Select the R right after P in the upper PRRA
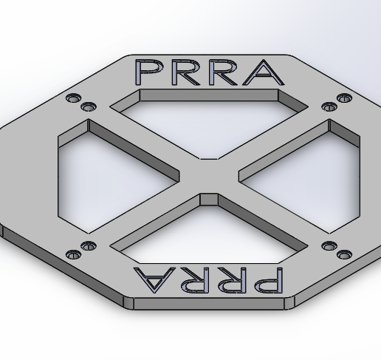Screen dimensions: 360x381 click(x=188, y=72)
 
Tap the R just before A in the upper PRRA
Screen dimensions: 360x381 click(x=225, y=72)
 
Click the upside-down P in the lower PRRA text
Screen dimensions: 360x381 click(x=265, y=279)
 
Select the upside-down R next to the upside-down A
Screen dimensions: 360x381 click(x=191, y=279)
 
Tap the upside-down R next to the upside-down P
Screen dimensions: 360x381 click(x=229, y=279)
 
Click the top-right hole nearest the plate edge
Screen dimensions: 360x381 click(x=344, y=98)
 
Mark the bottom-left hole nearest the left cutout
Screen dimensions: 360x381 click(x=89, y=246)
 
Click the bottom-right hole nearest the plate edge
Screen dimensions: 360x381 click(x=344, y=255)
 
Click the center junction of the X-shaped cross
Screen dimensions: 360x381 click(x=209, y=177)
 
